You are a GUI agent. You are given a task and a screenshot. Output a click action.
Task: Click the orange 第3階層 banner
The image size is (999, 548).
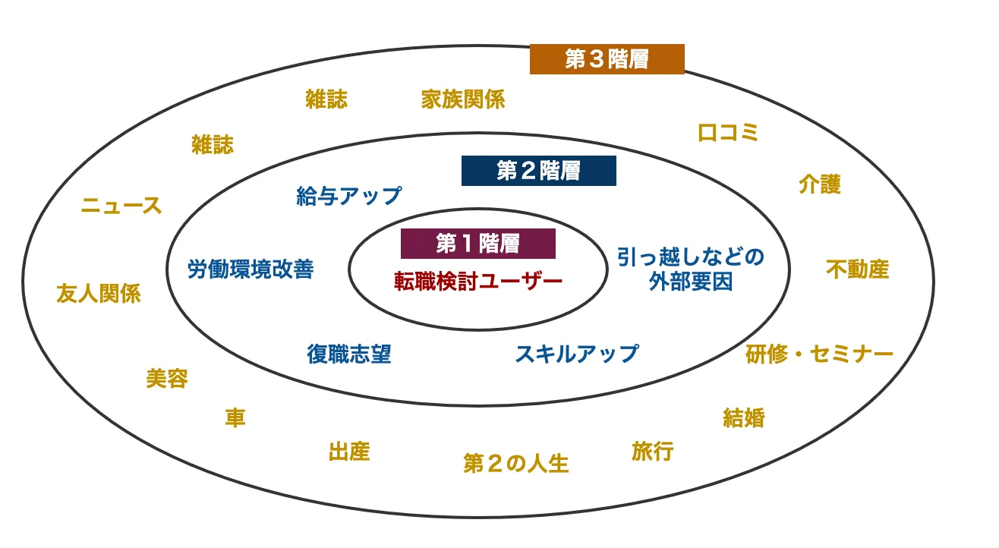pyautogui.click(x=607, y=59)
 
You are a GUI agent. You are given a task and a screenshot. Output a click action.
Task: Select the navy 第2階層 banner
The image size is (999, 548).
pyautogui.click(x=539, y=171)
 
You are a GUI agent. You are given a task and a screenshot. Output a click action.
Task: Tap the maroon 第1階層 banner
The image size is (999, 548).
pyautogui.click(x=478, y=244)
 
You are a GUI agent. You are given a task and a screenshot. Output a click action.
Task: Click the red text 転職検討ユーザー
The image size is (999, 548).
pyautogui.click(x=478, y=282)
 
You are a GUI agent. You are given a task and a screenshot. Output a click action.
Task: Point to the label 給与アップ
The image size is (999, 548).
pyautogui.click(x=348, y=196)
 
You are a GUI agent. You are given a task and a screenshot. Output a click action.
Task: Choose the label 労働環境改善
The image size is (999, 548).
pyautogui.click(x=251, y=269)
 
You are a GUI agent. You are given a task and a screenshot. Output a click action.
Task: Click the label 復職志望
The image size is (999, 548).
pyautogui.click(x=348, y=354)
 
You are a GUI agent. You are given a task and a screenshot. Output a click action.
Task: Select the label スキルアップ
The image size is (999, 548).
pyautogui.click(x=577, y=354)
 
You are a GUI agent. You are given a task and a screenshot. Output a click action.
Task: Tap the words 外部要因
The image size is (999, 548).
pyautogui.click(x=691, y=282)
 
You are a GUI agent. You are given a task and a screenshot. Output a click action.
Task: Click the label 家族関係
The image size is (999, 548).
pyautogui.click(x=463, y=99)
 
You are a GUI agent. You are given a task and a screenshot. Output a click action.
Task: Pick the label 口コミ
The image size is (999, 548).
pyautogui.click(x=728, y=132)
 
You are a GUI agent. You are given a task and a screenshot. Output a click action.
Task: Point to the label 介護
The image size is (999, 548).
pyautogui.click(x=820, y=184)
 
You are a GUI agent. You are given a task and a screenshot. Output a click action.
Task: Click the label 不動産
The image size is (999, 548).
pyautogui.click(x=858, y=269)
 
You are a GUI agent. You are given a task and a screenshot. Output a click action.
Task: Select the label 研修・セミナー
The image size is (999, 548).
pyautogui.click(x=819, y=354)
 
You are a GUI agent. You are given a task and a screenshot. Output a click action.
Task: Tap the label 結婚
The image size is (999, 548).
pyautogui.click(x=744, y=417)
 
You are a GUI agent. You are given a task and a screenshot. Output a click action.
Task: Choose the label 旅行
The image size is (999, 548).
pyautogui.click(x=653, y=452)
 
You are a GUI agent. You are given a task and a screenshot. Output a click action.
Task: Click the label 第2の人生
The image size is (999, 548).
pyautogui.click(x=516, y=463)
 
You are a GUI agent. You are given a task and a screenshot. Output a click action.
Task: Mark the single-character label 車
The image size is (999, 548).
pyautogui.click(x=235, y=417)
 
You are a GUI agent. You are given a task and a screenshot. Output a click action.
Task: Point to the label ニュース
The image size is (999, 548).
pyautogui.click(x=121, y=206)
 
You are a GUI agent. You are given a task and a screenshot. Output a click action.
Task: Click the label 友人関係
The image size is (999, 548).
pyautogui.click(x=99, y=294)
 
